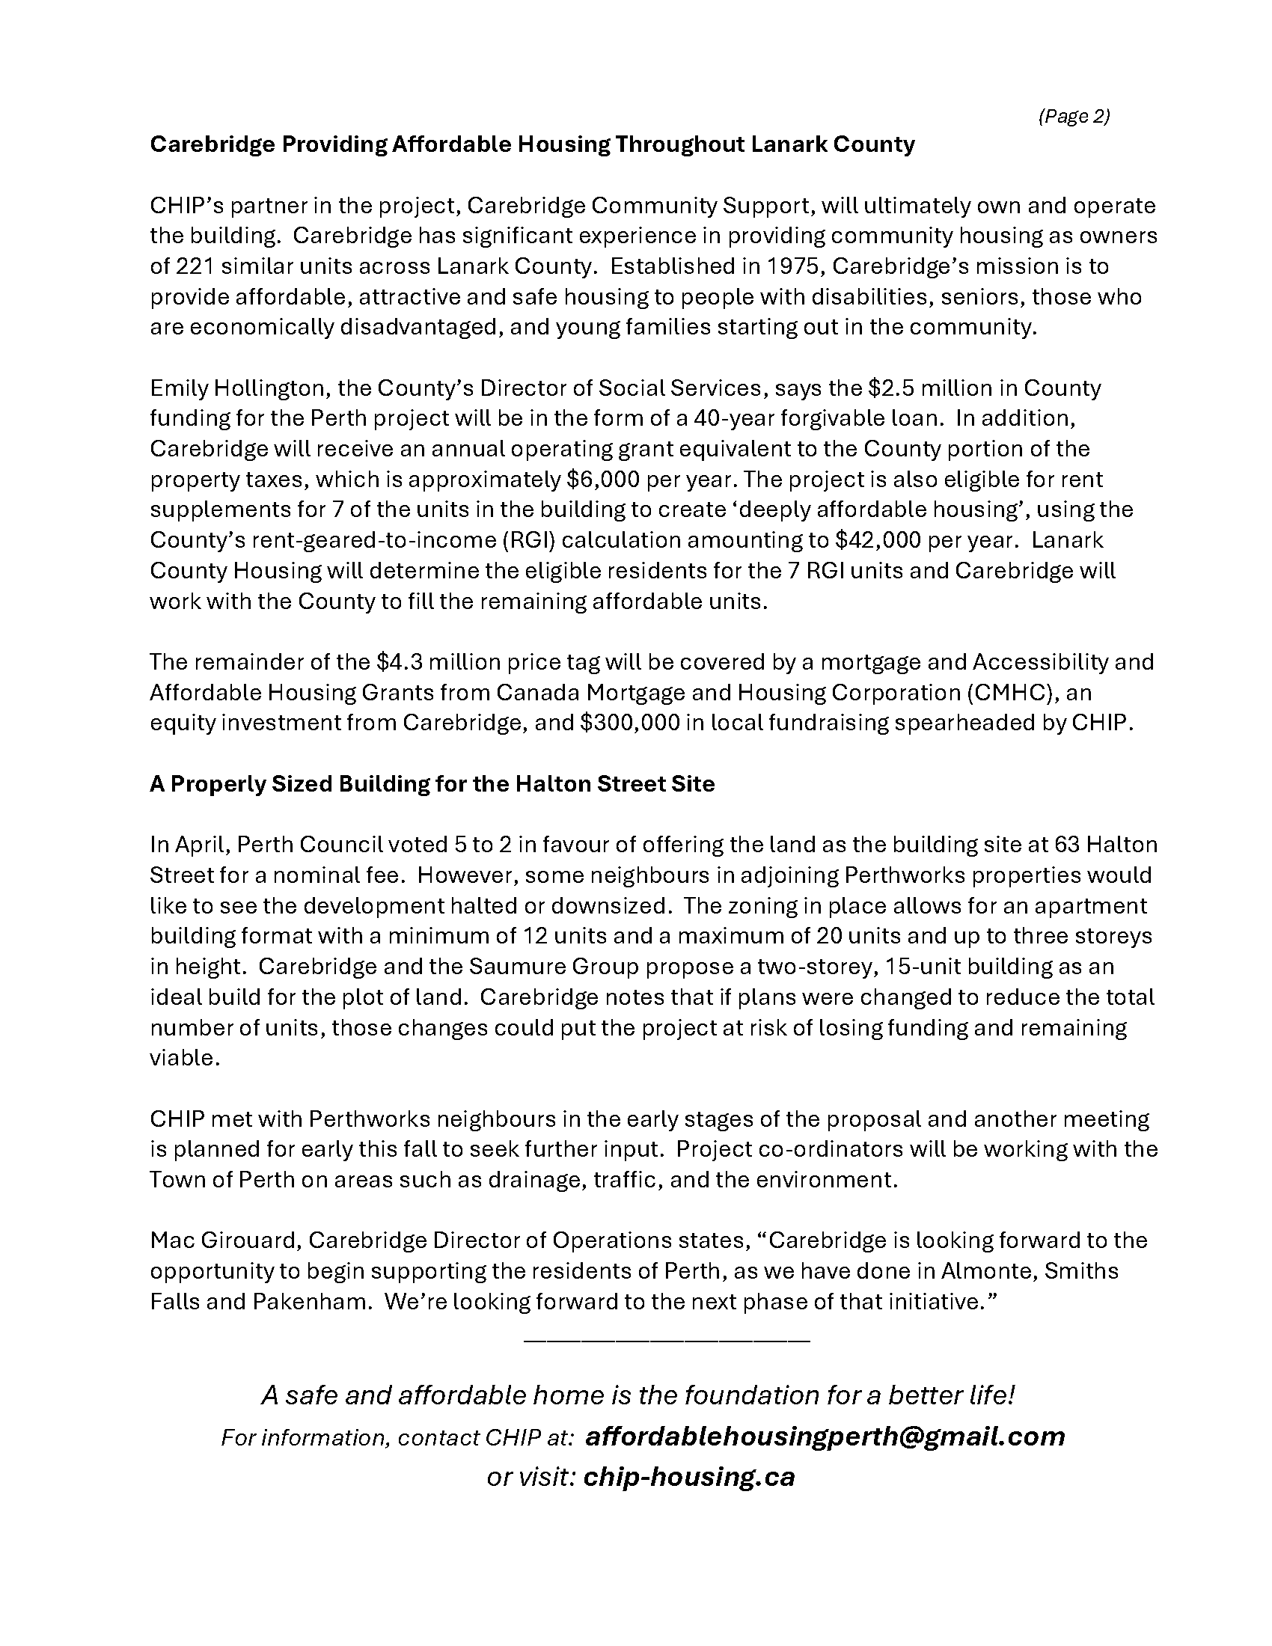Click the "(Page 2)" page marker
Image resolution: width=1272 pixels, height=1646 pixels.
pyautogui.click(x=1073, y=116)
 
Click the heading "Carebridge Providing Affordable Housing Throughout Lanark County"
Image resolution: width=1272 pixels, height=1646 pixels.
pyautogui.click(x=532, y=144)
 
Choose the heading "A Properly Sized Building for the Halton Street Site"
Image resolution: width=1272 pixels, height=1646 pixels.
pyautogui.click(x=432, y=784)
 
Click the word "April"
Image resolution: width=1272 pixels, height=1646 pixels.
pyautogui.click(x=198, y=845)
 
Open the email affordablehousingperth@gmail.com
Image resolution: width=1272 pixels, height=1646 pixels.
pyautogui.click(x=825, y=1437)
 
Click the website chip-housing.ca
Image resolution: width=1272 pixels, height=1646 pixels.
pyautogui.click(x=688, y=1476)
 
